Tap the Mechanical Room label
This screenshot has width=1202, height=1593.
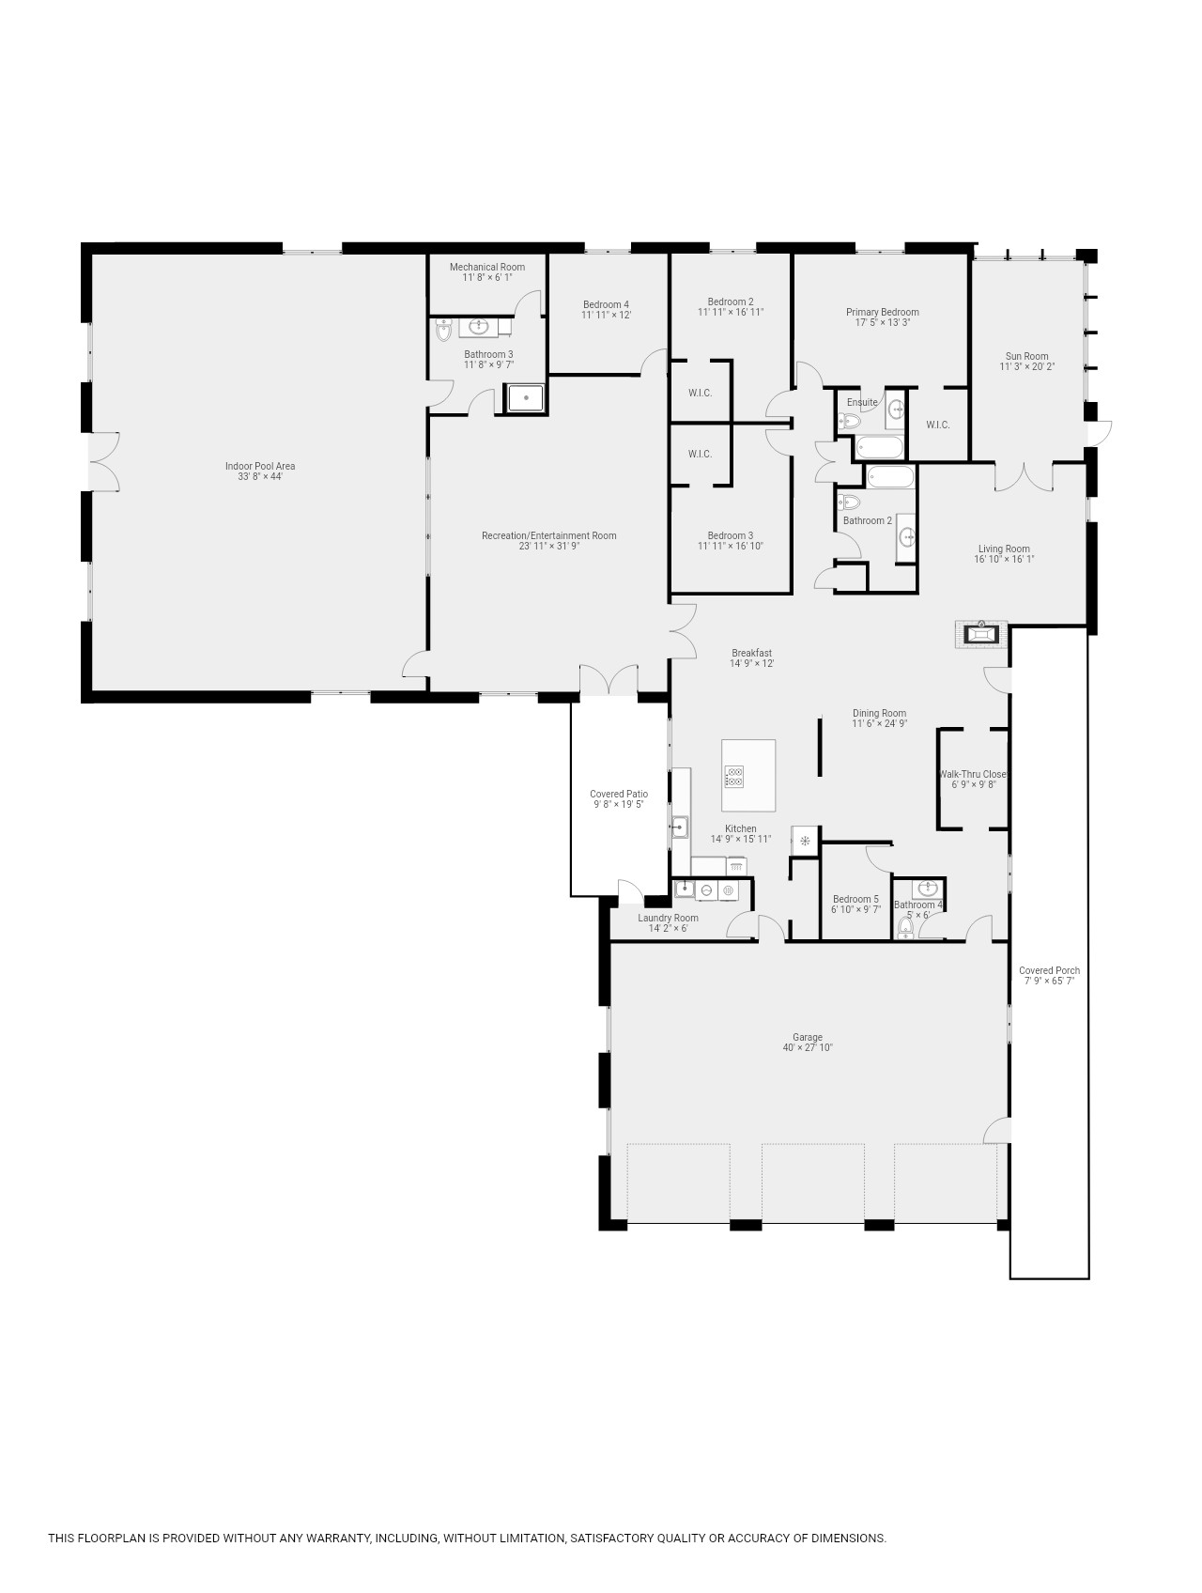(487, 267)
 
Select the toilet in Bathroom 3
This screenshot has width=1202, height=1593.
(443, 329)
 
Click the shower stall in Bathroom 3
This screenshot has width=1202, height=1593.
(527, 399)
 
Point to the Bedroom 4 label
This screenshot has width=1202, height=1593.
(606, 304)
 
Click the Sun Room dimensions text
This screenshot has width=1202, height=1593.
(1027, 367)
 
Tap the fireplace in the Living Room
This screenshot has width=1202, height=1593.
(981, 634)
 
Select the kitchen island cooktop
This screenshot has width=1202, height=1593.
(734, 777)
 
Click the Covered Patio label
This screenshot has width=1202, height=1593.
(619, 794)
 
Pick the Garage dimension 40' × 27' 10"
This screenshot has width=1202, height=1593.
(808, 1048)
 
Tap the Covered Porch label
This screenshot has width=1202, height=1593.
(1050, 970)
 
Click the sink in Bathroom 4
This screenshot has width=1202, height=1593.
(928, 889)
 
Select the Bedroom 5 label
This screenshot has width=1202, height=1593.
(856, 899)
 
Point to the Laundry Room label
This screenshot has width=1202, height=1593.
(669, 918)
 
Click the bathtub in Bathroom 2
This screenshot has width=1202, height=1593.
(889, 476)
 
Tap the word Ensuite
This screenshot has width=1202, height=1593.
(862, 402)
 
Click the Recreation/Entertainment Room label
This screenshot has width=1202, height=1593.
(549, 535)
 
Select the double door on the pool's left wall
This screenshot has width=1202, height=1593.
(103, 461)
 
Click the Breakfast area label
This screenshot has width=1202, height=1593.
(752, 653)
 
